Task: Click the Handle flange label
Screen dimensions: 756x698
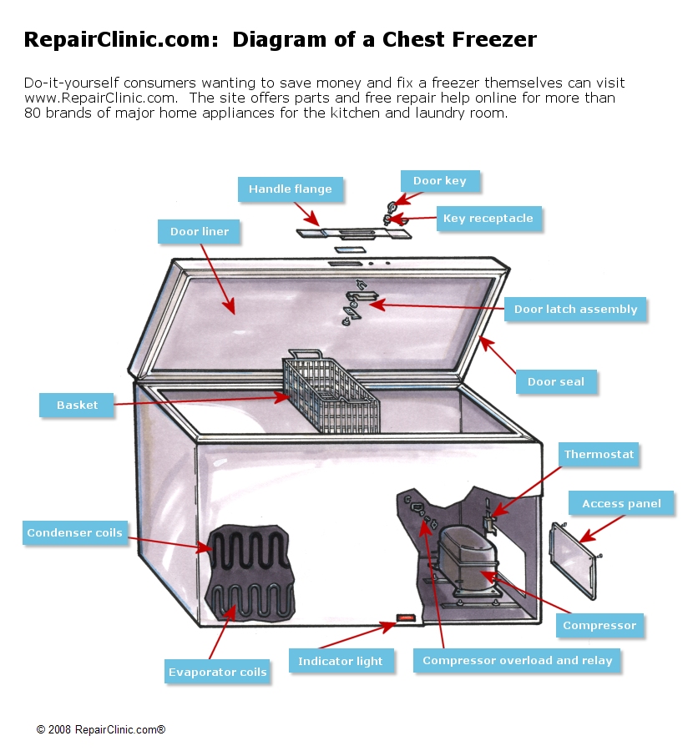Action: (290, 189)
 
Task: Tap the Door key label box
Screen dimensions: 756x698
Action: (440, 181)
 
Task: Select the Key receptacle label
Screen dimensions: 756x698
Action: (488, 219)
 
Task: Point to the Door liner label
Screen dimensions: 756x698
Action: (200, 231)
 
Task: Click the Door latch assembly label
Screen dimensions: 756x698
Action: (575, 310)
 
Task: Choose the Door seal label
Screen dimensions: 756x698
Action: (555, 382)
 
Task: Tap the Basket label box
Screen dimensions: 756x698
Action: (78, 406)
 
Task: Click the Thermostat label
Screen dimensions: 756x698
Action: (599, 455)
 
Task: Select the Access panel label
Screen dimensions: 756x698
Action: (621, 503)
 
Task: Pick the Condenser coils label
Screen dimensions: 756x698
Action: (74, 533)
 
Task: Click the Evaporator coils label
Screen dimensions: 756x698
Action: (217, 672)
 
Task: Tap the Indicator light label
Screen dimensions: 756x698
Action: (341, 662)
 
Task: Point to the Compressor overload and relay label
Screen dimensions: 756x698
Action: (518, 661)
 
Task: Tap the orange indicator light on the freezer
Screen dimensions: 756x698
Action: (405, 618)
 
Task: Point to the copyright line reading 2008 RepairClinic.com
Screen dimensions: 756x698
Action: (101, 729)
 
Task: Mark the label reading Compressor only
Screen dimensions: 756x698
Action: (599, 626)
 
